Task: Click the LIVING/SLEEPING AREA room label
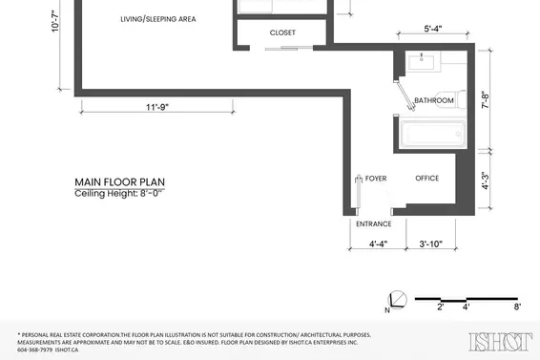pyautogui.click(x=158, y=19)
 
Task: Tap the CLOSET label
pyautogui.click(x=282, y=32)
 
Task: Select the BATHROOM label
pyautogui.click(x=433, y=100)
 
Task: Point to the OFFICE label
pyautogui.click(x=427, y=178)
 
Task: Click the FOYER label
pyautogui.click(x=376, y=179)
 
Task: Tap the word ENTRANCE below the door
pyautogui.click(x=374, y=223)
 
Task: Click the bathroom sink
pyautogui.click(x=422, y=62)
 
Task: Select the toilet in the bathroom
pyautogui.click(x=451, y=99)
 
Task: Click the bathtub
pyautogui.click(x=432, y=134)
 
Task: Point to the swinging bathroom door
pyautogui.click(x=405, y=95)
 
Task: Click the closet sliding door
pyautogui.click(x=288, y=48)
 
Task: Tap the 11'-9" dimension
pyautogui.click(x=157, y=107)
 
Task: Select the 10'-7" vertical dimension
pyautogui.click(x=55, y=21)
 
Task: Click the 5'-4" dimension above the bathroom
pyautogui.click(x=433, y=29)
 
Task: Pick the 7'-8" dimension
pyautogui.click(x=485, y=100)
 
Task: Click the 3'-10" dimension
pyautogui.click(x=431, y=244)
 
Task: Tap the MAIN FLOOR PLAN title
pyautogui.click(x=120, y=182)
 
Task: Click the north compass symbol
pyautogui.click(x=397, y=300)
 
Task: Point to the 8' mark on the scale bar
pyautogui.click(x=517, y=307)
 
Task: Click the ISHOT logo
pyautogui.click(x=500, y=342)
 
